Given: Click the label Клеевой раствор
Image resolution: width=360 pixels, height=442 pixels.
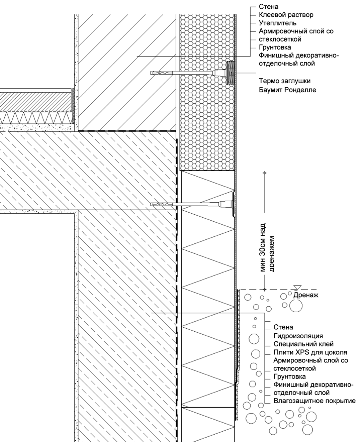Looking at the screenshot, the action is (x=286, y=15).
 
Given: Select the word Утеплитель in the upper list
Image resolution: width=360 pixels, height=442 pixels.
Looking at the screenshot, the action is (x=278, y=23).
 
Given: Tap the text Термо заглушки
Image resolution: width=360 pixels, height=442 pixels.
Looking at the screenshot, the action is (x=285, y=81).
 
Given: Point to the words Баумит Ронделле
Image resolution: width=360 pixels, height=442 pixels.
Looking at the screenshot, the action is (x=287, y=90).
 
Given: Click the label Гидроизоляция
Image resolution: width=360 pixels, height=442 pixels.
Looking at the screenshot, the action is (x=298, y=336).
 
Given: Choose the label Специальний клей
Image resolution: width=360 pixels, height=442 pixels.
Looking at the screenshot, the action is (x=303, y=344).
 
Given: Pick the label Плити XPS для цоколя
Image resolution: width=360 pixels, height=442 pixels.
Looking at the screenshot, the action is (x=310, y=352).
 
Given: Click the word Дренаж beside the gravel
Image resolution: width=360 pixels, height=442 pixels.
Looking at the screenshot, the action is (x=306, y=295).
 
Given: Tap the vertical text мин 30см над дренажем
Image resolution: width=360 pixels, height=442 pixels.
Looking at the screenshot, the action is (x=267, y=247).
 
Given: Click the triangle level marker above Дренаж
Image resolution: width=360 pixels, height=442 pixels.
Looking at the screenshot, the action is (x=297, y=288).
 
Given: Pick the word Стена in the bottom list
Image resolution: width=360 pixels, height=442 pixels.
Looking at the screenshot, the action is (x=283, y=327).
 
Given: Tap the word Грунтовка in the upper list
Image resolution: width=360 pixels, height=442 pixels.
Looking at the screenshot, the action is (x=275, y=47).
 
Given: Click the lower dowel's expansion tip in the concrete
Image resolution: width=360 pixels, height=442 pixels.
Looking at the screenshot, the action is (x=162, y=205).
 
